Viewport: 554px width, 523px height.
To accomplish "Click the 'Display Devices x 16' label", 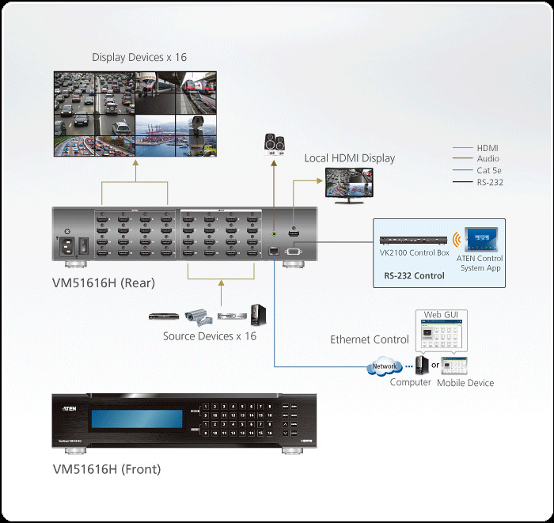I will point(139,57).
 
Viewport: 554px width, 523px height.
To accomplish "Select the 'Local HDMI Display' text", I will point(350,158).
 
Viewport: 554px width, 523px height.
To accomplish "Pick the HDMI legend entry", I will point(488,148).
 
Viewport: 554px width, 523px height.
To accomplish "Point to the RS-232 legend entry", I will point(490,183).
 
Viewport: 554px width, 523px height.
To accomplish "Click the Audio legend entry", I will point(488,159).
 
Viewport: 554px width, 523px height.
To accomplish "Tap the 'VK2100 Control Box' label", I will point(415,253).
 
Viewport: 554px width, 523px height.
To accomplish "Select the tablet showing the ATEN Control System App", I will point(481,240).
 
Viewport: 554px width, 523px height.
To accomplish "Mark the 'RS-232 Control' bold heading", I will point(414,276).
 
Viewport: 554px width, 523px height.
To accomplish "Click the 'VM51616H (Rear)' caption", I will point(104,283).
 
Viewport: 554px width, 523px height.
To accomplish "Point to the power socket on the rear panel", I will point(65,246).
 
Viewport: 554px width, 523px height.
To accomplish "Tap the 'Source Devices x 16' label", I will point(210,336).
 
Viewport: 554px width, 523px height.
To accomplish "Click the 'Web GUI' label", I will point(442,315).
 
